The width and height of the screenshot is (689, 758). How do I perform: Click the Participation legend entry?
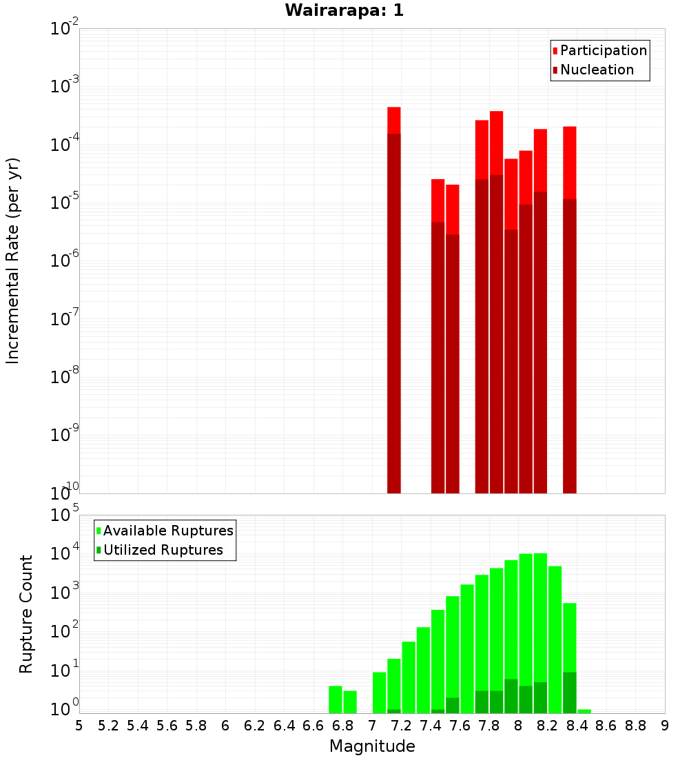(604, 50)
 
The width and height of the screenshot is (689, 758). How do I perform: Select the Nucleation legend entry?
(597, 70)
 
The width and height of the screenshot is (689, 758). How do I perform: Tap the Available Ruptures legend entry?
(168, 531)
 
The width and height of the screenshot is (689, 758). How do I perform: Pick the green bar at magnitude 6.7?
(336, 699)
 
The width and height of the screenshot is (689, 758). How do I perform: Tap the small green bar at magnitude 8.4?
(584, 711)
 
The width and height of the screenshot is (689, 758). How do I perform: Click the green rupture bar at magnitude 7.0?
(379, 693)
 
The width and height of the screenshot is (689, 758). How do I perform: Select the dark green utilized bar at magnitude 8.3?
(570, 693)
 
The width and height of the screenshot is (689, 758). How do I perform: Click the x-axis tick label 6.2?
(255, 726)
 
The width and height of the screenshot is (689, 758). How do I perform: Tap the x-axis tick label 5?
(79, 726)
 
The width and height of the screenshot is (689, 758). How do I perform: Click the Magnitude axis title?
(372, 746)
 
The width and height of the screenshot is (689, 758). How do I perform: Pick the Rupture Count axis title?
(26, 614)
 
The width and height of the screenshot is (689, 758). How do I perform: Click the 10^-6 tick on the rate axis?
(64, 260)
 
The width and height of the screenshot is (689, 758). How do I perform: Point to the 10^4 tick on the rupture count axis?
(64, 553)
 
